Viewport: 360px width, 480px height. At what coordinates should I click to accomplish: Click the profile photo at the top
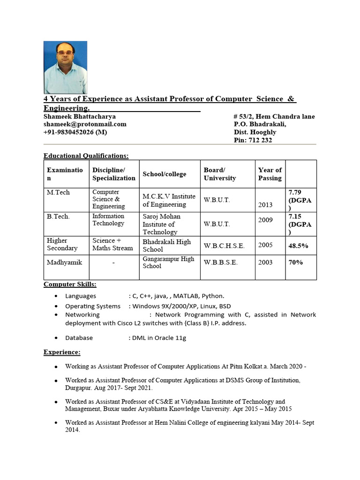click(x=65, y=67)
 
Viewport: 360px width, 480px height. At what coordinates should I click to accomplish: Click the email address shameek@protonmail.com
click(x=85, y=124)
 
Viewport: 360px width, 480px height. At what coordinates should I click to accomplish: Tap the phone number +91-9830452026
click(x=75, y=132)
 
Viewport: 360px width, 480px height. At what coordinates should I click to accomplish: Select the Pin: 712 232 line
click(x=253, y=140)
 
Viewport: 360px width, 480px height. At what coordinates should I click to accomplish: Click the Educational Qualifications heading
click(x=86, y=156)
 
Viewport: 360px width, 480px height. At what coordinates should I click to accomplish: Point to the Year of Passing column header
click(x=270, y=174)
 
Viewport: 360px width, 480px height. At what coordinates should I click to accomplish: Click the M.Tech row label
click(x=58, y=193)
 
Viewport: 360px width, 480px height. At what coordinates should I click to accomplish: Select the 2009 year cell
click(x=265, y=220)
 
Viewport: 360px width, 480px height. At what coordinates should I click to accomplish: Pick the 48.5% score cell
click(x=299, y=246)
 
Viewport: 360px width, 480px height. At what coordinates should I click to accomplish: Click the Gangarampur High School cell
click(x=168, y=262)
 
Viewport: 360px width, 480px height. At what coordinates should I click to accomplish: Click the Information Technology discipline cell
click(x=108, y=220)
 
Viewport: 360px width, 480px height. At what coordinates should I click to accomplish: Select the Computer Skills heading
click(x=70, y=285)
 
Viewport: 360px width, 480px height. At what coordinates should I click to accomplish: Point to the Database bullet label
click(x=79, y=337)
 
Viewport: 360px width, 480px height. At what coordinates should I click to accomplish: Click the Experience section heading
click(x=62, y=352)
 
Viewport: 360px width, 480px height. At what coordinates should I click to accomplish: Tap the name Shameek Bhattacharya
click(x=80, y=116)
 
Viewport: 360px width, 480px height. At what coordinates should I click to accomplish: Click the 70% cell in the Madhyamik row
click(x=295, y=262)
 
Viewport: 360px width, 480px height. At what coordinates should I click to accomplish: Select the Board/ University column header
click(x=220, y=174)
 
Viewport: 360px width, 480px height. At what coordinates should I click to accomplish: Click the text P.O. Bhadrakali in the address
click(x=260, y=124)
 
